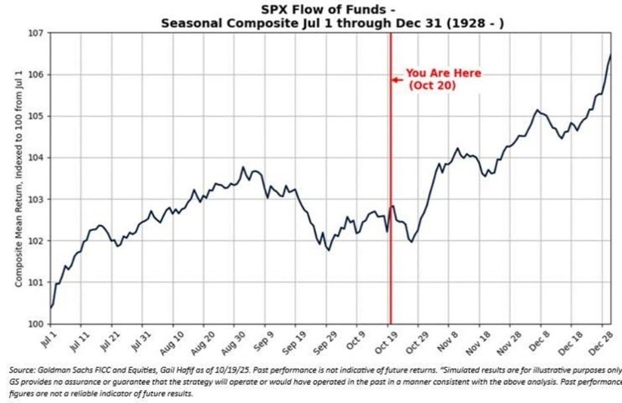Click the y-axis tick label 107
pos(36,33)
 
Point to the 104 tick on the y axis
pos(36,158)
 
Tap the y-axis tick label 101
pos(36,283)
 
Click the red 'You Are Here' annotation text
pos(443,73)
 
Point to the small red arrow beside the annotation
pos(397,80)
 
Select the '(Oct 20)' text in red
pos(431,86)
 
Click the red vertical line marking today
pos(390,199)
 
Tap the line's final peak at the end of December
pos(610,55)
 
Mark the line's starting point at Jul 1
pos(51,307)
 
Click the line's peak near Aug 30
pos(243,167)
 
